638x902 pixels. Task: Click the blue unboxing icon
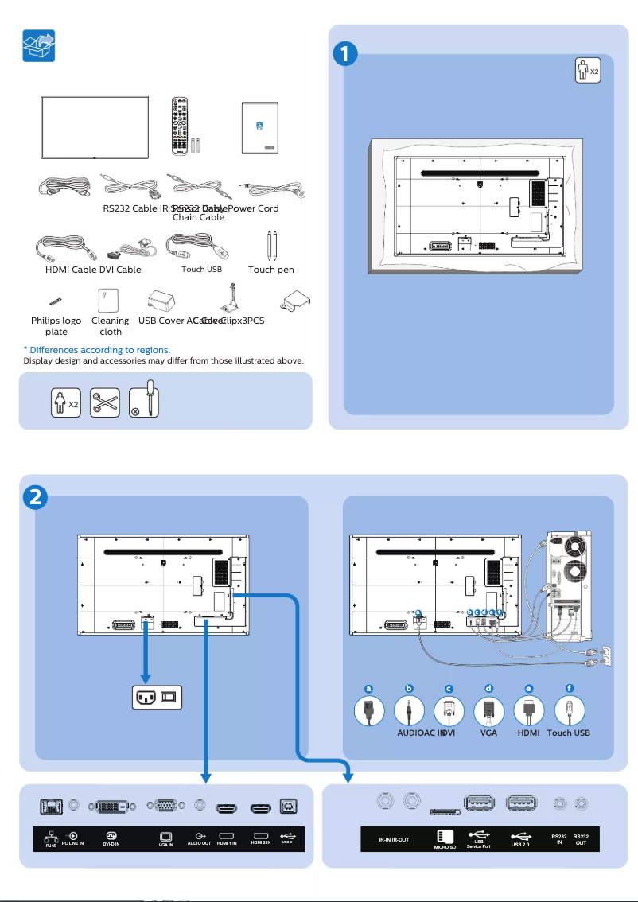[x=38, y=48]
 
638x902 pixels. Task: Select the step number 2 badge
[x=36, y=497]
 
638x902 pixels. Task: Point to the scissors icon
[x=105, y=402]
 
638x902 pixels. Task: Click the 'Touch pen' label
[x=270, y=270]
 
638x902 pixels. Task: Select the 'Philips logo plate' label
[x=56, y=326]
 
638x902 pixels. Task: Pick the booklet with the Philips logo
[x=263, y=127]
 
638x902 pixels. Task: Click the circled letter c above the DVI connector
[x=449, y=689]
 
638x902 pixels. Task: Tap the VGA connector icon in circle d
[x=488, y=710]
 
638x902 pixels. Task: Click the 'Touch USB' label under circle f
[x=569, y=733]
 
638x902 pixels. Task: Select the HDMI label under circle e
[x=529, y=733]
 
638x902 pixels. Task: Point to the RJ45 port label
[x=50, y=843]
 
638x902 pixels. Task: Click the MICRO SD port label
[x=445, y=847]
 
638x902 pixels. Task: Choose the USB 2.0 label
[x=520, y=844]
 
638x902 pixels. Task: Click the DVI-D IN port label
[x=111, y=844]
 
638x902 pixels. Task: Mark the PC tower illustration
[x=567, y=585]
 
